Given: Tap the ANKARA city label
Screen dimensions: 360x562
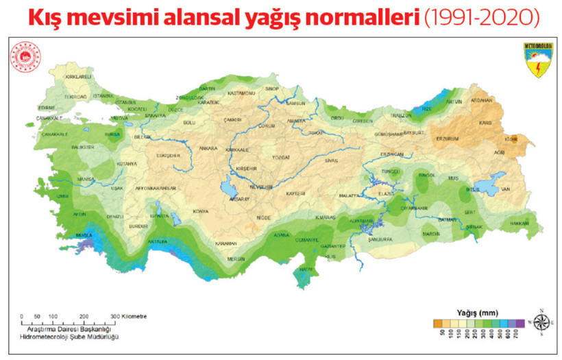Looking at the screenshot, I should (x=208, y=148).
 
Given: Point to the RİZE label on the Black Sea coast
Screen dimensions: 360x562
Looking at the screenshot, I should (x=426, y=109).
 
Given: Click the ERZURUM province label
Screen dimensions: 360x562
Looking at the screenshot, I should (x=451, y=139).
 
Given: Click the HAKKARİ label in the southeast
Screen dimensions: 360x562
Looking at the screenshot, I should (x=520, y=224).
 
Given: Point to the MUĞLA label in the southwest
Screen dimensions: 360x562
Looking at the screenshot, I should (x=84, y=235).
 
